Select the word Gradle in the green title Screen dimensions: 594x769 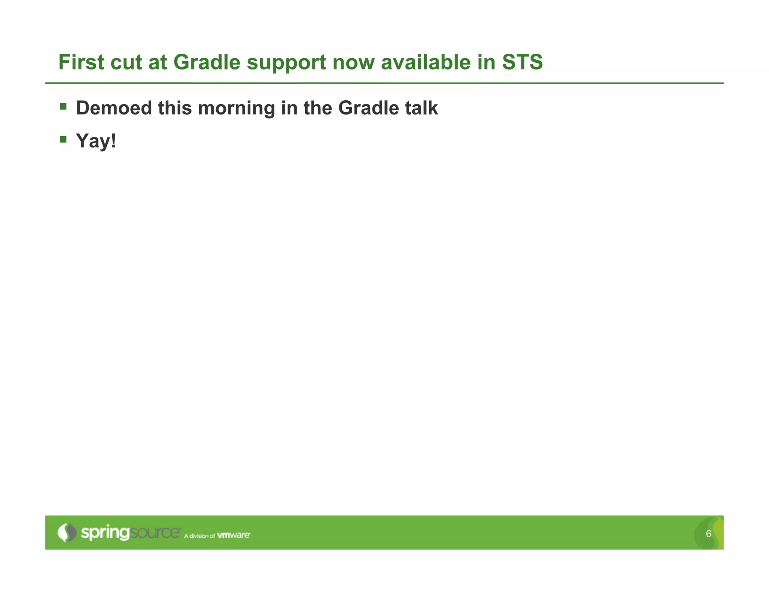[207, 62]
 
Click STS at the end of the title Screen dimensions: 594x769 [522, 62]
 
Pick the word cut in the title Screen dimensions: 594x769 [126, 62]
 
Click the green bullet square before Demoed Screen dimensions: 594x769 [63, 107]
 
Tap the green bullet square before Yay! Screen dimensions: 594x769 [63, 140]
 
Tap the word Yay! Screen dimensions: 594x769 [96, 142]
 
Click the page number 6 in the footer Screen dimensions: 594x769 [709, 534]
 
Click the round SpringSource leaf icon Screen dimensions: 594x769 [66, 532]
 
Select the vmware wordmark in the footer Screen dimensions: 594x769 [234, 535]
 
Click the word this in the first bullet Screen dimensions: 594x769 [175, 108]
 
